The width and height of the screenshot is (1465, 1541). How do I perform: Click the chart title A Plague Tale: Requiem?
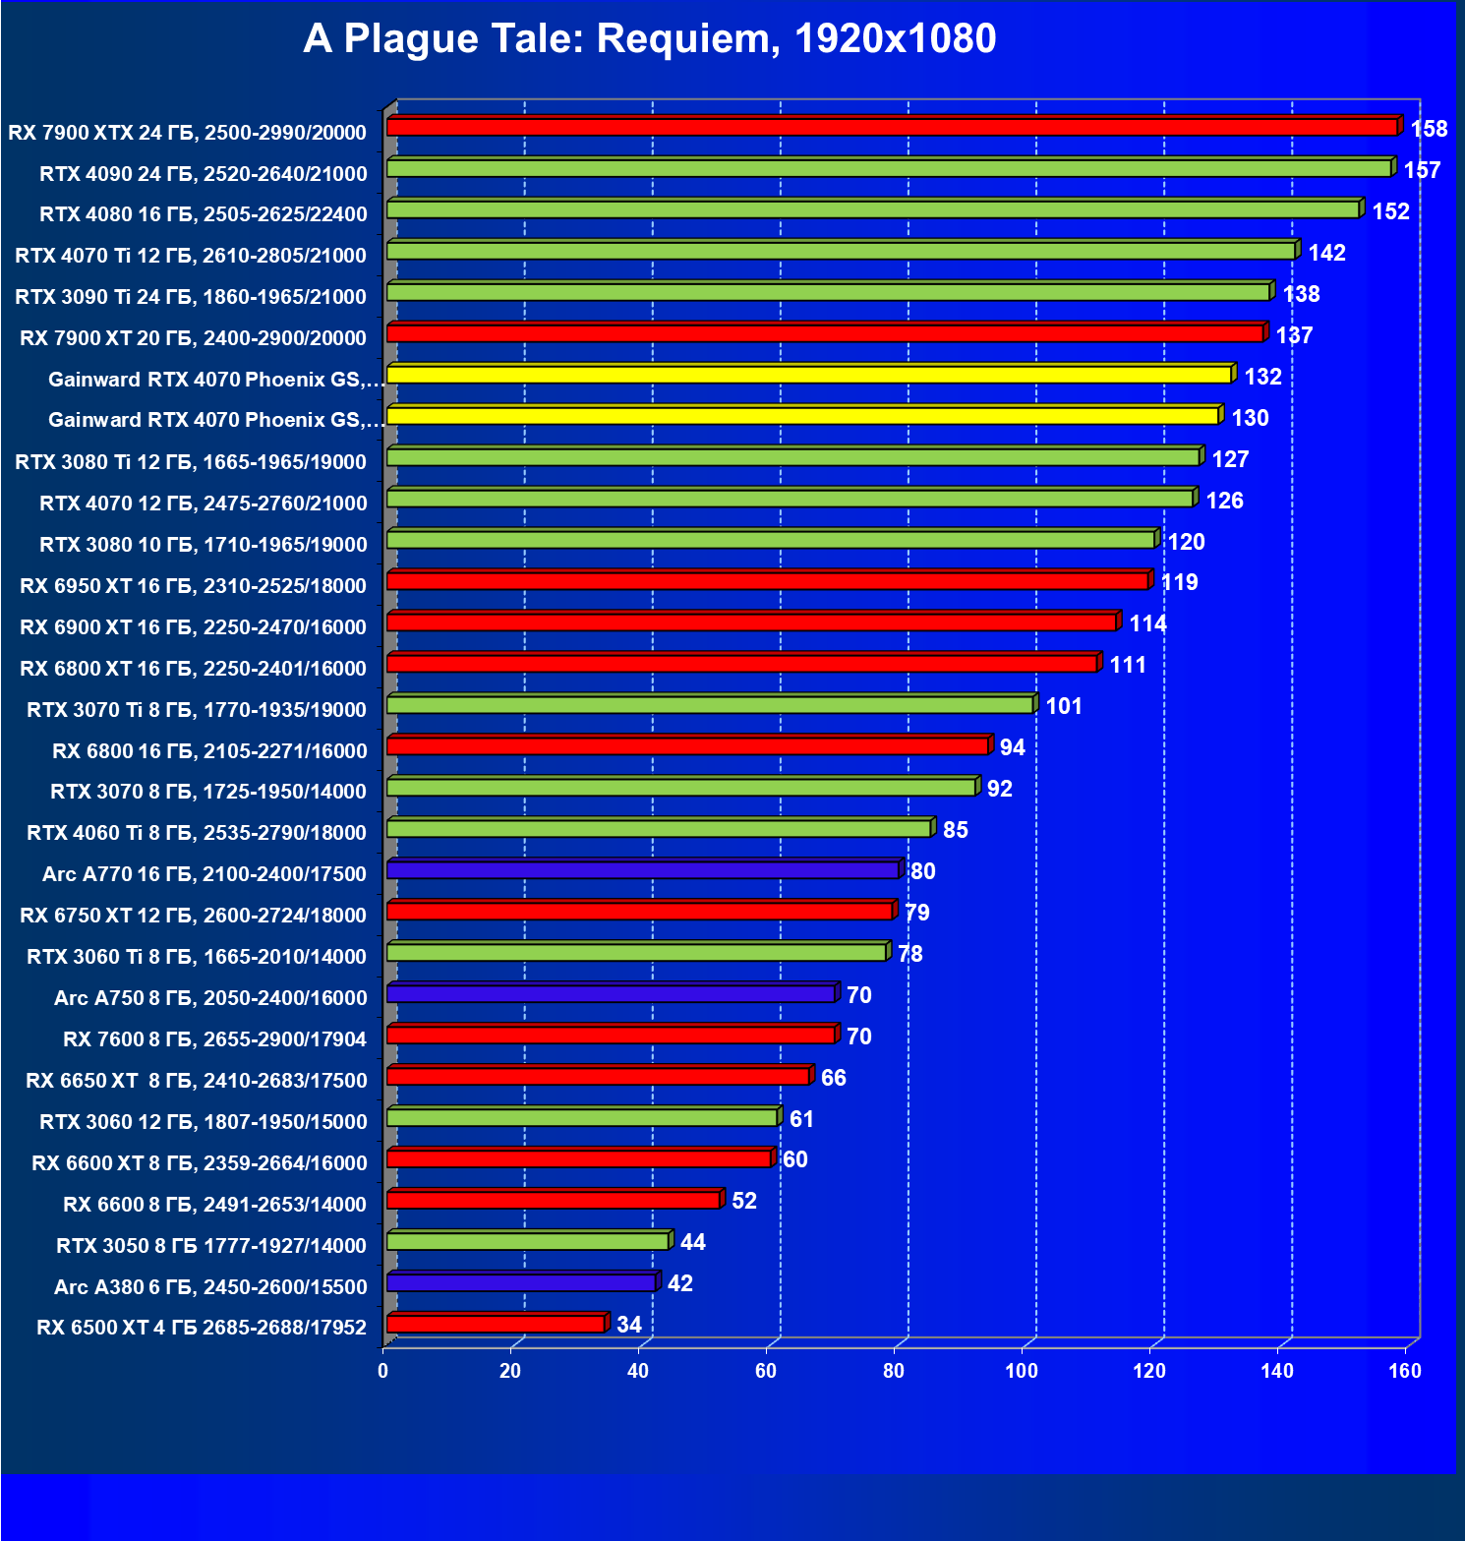pos(649,39)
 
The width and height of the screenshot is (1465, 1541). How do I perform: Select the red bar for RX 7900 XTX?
pos(892,127)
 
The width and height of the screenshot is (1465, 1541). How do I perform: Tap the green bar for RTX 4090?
pos(889,168)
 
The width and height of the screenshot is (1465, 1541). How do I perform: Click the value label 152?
pos(1390,211)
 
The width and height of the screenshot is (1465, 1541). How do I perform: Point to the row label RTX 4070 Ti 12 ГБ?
pos(191,256)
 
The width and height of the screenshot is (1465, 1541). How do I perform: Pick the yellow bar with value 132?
pos(809,375)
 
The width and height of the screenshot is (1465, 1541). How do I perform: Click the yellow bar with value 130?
pos(802,416)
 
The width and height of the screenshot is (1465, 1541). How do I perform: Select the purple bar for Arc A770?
pos(643,869)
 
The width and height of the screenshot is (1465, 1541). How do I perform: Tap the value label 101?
pos(1063,706)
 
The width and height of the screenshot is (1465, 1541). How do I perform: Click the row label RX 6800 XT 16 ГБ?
pos(193,669)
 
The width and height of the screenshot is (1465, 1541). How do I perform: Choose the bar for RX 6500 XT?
pos(496,1324)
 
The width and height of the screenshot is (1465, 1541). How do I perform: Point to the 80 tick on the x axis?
pos(894,1371)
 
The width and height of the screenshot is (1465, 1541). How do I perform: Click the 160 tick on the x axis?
pos(1405,1371)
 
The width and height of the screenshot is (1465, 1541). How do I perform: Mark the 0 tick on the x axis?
pos(382,1371)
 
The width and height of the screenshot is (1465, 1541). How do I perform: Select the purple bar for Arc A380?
pos(521,1282)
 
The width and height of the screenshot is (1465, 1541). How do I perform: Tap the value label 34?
pos(628,1325)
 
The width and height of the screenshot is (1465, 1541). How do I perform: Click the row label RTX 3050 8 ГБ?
pos(211,1246)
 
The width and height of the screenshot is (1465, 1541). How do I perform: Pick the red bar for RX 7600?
pos(611,1035)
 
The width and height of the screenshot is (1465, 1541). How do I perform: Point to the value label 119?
pos(1179,582)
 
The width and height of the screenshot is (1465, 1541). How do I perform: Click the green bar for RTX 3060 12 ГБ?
pos(582,1117)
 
